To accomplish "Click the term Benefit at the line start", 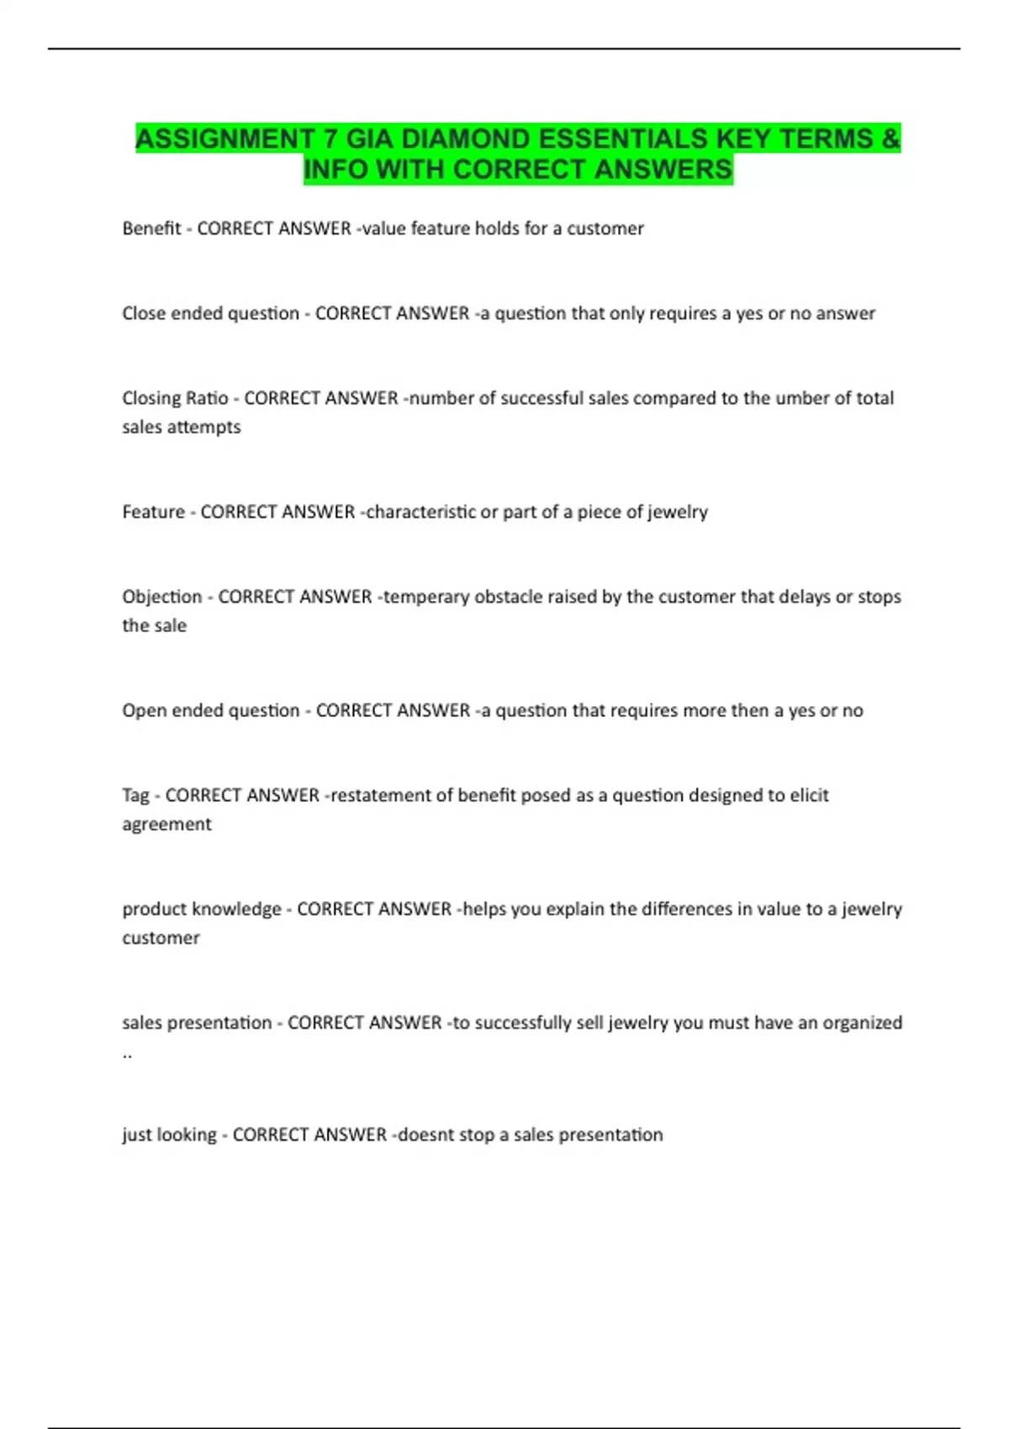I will [151, 229].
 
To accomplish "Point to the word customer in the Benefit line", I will [605, 229].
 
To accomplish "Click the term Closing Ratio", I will [175, 398].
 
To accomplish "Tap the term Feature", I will [153, 512].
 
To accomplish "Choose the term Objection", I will [162, 597].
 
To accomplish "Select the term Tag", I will [135, 795].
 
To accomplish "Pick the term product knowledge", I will [202, 910].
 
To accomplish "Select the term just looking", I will [169, 1135].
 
